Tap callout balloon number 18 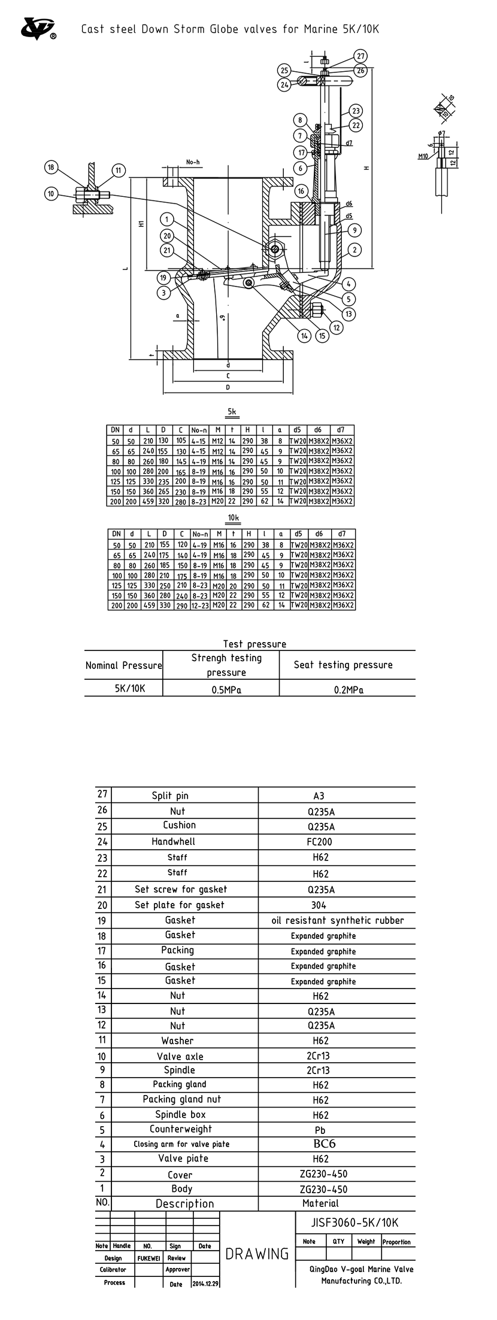(x=51, y=168)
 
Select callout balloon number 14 (x=305, y=336)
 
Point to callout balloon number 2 (x=355, y=250)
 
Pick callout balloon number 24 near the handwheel (x=284, y=84)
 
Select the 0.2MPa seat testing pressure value (x=348, y=689)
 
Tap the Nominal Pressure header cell (x=123, y=665)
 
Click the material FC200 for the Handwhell (x=320, y=841)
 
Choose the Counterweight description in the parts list (x=181, y=1129)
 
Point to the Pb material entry (x=320, y=1130)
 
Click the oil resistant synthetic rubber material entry (x=338, y=920)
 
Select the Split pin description (x=170, y=796)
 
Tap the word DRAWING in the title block (x=257, y=1254)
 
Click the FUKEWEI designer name (x=149, y=1258)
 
